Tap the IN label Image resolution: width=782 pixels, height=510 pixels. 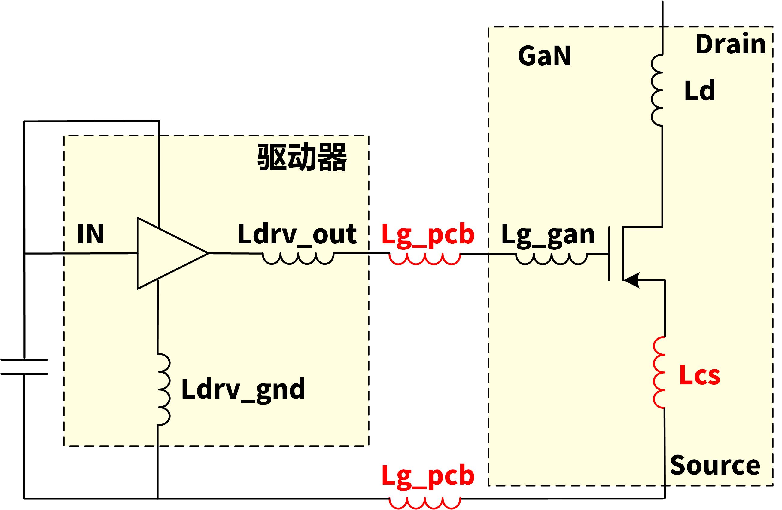(90, 234)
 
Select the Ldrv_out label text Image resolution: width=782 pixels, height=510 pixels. (297, 235)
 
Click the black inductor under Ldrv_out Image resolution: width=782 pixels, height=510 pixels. (298, 258)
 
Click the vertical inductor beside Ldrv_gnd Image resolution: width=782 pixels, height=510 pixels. (164, 390)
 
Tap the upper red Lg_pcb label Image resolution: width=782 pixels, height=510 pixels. (428, 235)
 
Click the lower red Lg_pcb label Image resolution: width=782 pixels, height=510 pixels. (428, 476)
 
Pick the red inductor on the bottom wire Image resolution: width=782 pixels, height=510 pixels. (425, 503)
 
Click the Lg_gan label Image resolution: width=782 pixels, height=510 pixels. (548, 235)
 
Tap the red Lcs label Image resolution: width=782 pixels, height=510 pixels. (699, 375)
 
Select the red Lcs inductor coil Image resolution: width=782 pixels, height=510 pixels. (659, 373)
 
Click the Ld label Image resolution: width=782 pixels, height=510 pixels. (699, 91)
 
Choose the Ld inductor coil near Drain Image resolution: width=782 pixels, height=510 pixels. (657, 90)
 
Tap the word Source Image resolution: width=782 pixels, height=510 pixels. (715, 465)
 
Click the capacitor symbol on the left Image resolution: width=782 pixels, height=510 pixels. (24, 367)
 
